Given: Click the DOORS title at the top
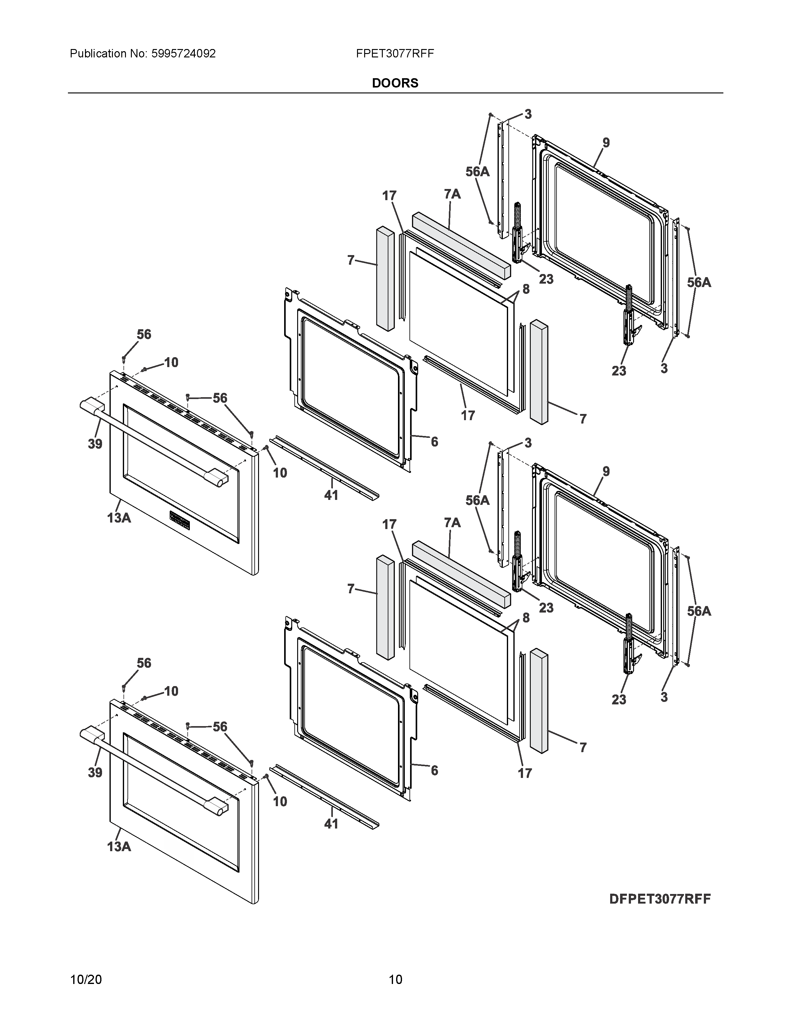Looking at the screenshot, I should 395,83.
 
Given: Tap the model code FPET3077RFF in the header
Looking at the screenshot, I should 395,53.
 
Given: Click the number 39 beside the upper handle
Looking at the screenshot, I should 95,443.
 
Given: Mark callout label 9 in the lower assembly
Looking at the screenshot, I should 606,471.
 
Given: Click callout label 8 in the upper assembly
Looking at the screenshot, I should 526,289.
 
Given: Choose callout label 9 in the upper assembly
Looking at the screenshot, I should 606,142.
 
